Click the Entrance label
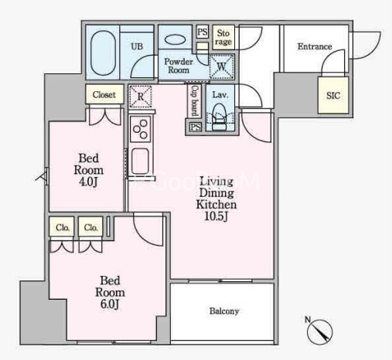coord(315,46)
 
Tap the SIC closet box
coord(333,95)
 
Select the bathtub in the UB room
coord(103,53)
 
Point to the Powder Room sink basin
coord(175,39)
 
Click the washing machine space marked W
coord(222,66)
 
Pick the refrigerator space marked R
coord(141,97)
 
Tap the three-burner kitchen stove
coord(141,129)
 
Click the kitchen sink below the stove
coord(140,161)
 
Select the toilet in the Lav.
coord(219,117)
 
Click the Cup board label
coord(195,100)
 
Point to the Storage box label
coord(223,37)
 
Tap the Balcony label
coord(224,311)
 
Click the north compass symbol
coord(319,331)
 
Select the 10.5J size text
coord(216,216)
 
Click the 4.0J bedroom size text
coord(88,182)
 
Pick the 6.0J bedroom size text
coord(110,304)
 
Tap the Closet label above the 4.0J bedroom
coord(104,95)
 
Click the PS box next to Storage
coord(203,32)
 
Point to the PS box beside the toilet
coord(196,127)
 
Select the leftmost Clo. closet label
coord(63,228)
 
